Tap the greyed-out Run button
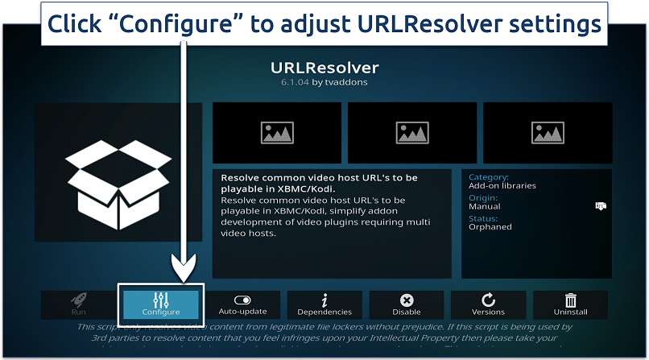click(x=78, y=304)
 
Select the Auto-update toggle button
click(x=242, y=304)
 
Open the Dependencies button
click(x=324, y=304)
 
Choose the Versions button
click(x=488, y=304)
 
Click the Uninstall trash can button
click(x=571, y=304)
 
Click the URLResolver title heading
click(x=324, y=68)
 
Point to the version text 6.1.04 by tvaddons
click(x=324, y=82)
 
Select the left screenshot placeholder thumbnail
click(x=276, y=133)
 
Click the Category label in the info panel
click(x=489, y=177)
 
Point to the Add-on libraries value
click(x=502, y=186)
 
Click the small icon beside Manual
click(x=600, y=206)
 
